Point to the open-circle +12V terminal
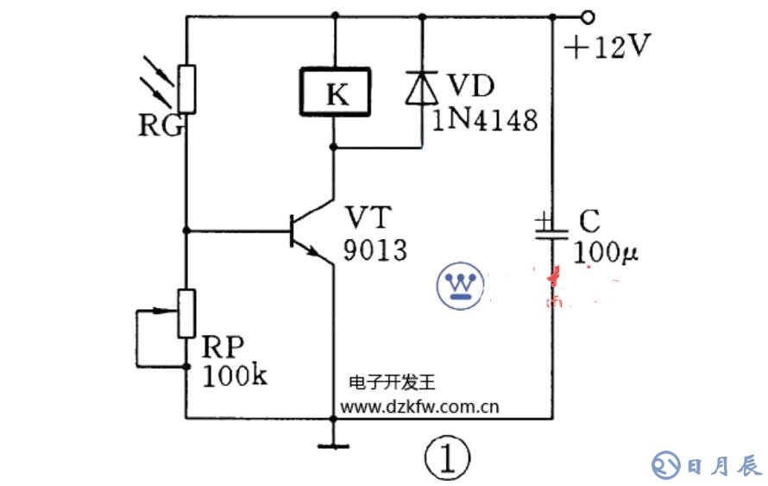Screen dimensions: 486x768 click(589, 16)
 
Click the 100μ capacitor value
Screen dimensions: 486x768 click(610, 254)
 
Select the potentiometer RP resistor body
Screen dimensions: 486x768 click(186, 313)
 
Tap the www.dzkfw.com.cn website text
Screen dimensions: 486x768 click(420, 406)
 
